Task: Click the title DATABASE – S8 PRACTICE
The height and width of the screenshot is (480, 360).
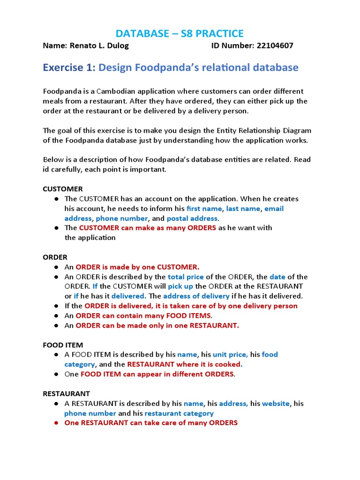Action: [x=180, y=33]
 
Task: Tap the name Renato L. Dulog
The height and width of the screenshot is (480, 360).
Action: [x=99, y=45]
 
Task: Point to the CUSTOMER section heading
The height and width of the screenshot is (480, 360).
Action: [x=63, y=189]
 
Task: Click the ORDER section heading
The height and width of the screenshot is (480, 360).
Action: [x=55, y=257]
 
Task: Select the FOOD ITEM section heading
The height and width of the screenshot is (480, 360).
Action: [x=63, y=345]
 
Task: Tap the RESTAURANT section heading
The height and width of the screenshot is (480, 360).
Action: [x=67, y=393]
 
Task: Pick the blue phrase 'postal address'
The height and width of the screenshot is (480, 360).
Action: [x=192, y=218]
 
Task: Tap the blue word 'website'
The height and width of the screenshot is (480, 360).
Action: [x=276, y=403]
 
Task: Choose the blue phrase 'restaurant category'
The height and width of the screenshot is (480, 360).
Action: [x=179, y=413]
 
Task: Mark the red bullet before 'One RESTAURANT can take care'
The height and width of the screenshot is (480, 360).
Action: [x=56, y=423]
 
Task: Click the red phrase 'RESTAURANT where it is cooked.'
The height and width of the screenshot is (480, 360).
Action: [x=185, y=364]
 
